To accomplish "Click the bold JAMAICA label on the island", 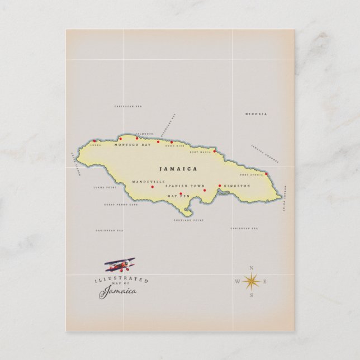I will tap(178, 168).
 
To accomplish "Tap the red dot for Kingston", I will tap(220, 186).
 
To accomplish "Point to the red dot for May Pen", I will tap(181, 194).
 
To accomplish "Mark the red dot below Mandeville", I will tap(152, 187).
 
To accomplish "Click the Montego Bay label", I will tap(132, 145).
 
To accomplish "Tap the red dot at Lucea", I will tap(95, 141).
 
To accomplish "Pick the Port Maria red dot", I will tap(214, 150).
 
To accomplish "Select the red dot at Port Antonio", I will tap(267, 173).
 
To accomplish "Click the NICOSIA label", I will tap(256, 114).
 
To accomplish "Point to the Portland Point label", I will tap(188, 220).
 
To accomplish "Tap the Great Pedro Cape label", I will tap(120, 205).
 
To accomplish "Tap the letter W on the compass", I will tap(237, 281).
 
